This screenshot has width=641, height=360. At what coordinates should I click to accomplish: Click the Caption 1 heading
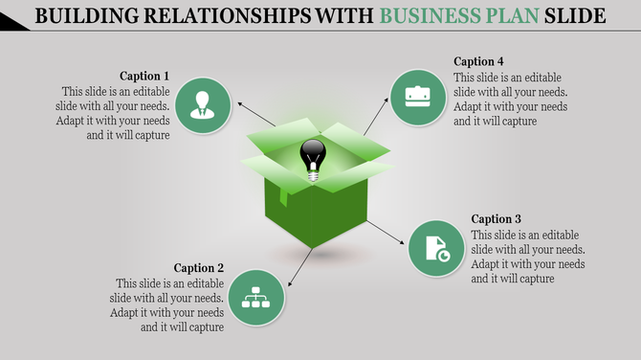tap(144, 76)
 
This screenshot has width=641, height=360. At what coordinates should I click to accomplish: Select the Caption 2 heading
tap(199, 268)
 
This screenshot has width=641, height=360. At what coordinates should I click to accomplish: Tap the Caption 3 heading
tap(497, 219)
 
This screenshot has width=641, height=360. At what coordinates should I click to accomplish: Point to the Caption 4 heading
tap(478, 61)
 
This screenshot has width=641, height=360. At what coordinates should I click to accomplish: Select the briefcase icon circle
tap(417, 98)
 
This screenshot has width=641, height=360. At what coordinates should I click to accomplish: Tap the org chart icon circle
tap(256, 298)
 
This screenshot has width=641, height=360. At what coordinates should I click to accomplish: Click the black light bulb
tap(313, 158)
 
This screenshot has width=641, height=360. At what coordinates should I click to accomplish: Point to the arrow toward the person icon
tap(255, 113)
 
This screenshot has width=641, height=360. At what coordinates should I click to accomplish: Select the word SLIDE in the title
tap(573, 16)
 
